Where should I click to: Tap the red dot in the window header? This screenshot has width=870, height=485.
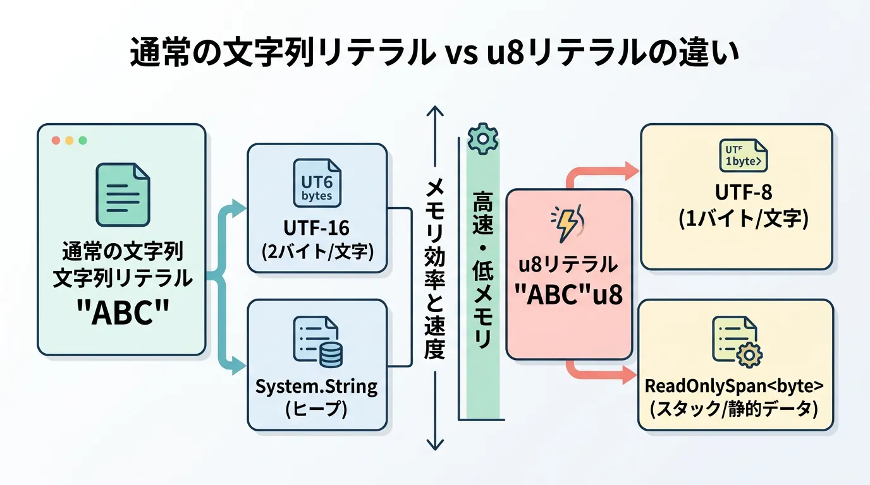click(x=56, y=140)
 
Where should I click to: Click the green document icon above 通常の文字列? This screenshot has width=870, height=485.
click(x=122, y=195)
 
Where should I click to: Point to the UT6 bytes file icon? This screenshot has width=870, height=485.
click(x=317, y=183)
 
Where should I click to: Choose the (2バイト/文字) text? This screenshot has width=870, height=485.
click(x=317, y=251)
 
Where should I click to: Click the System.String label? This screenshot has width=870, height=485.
click(x=317, y=385)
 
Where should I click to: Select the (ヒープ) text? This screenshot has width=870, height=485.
click(x=317, y=409)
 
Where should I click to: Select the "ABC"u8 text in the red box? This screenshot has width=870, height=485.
click(x=569, y=294)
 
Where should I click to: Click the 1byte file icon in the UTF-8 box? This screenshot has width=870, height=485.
click(x=744, y=155)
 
